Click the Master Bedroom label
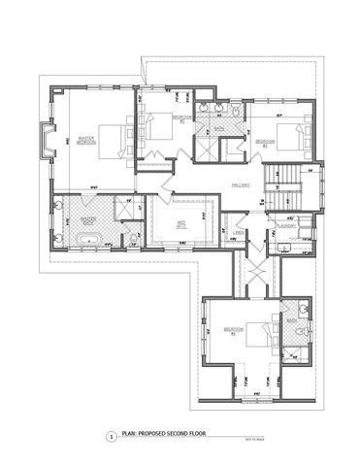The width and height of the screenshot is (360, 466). tap(84, 140)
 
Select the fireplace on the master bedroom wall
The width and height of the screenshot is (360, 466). tap(45, 142)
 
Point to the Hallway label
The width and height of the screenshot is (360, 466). tap(241, 183)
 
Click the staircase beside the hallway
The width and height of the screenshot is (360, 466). tap(282, 184)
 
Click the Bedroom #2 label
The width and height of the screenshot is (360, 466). tap(266, 142)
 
